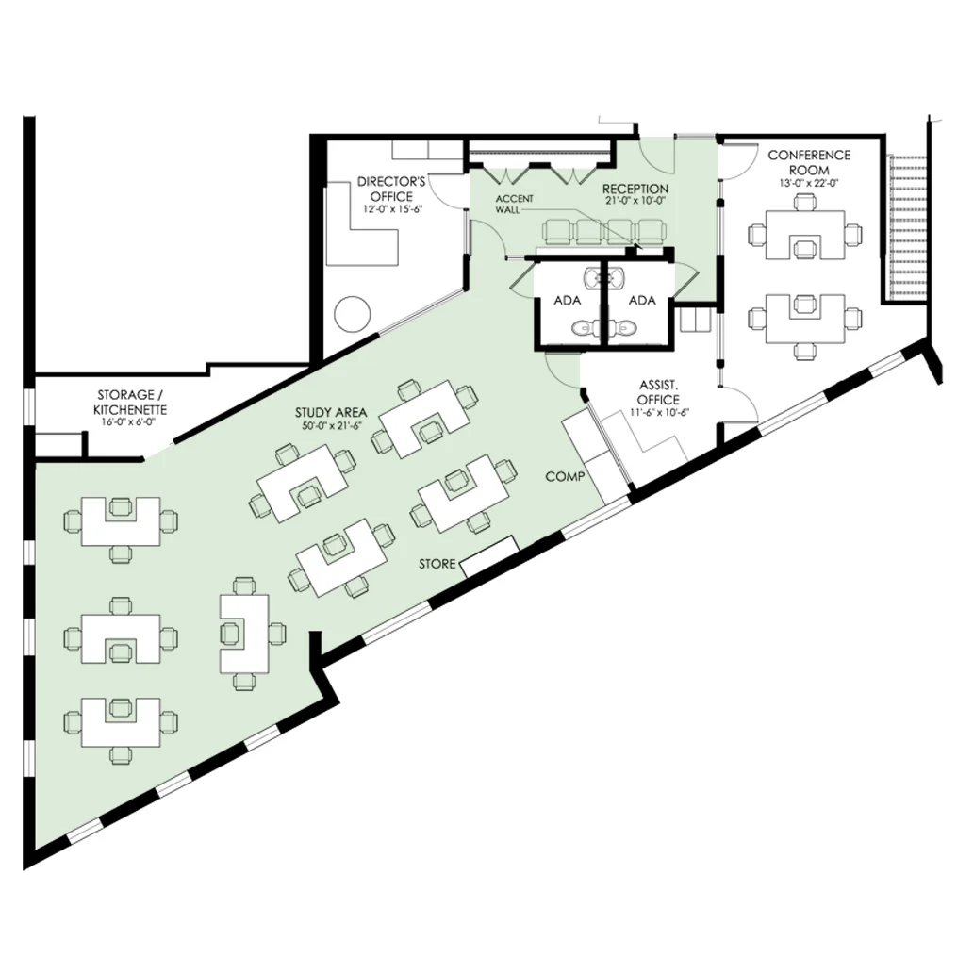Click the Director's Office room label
coord(391,189)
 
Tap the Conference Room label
coord(809,162)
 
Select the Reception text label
coord(635,190)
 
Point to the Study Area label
coord(331,412)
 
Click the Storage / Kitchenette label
coord(132,403)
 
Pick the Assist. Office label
coord(659,392)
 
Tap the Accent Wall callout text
coord(514,204)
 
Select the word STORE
coord(437,564)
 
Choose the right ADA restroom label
coord(641,301)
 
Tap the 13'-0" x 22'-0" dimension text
coord(809,183)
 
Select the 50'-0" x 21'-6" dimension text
coord(331,426)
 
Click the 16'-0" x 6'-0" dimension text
coord(132,422)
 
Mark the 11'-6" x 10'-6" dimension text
coord(659,412)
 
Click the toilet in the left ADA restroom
coord(582,327)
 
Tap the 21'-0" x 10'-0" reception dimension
coord(635,202)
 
